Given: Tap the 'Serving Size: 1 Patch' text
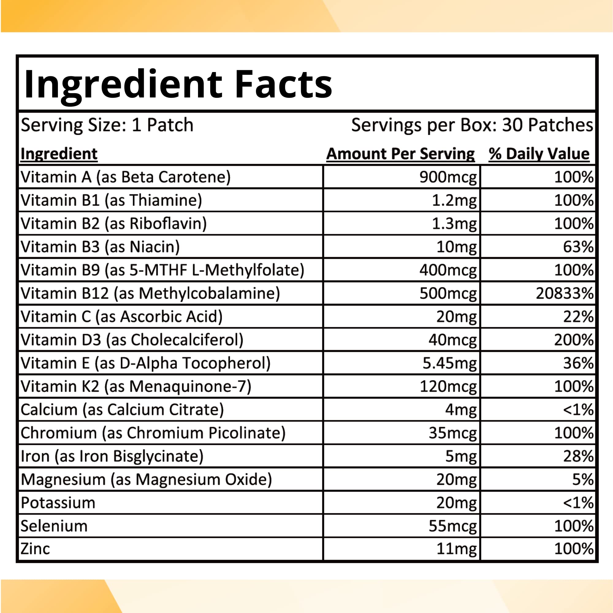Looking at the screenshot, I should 107,125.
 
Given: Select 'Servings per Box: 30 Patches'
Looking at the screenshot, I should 472,125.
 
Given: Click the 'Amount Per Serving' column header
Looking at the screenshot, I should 400,154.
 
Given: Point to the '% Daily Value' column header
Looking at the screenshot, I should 539,154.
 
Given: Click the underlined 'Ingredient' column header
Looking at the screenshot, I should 59,154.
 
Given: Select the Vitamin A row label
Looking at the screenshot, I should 125,177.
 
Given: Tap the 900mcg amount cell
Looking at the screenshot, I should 448,177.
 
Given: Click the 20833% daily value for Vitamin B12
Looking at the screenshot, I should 565,293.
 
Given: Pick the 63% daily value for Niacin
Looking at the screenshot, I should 578,247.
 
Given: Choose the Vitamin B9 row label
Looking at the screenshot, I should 162,270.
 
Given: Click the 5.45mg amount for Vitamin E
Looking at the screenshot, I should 449,363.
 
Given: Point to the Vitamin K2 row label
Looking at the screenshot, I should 136,386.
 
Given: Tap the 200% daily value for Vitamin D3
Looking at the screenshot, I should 574,340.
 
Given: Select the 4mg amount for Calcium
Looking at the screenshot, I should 461,409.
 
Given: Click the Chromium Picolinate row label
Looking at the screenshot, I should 153,433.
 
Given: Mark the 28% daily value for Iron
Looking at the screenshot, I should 578,456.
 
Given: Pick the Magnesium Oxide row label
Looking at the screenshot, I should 146,479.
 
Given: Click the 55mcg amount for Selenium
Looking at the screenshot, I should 452,526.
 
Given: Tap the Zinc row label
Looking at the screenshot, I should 35,549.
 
